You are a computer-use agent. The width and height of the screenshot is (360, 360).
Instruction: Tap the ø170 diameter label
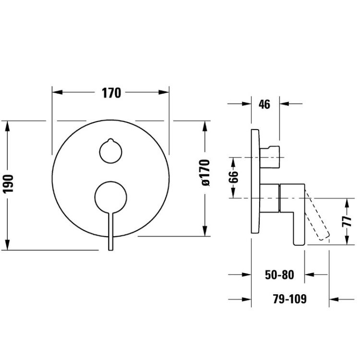pos(205,172)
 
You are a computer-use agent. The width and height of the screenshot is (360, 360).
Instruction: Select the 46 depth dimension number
pos(264,105)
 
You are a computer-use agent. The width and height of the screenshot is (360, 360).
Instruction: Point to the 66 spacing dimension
pos(233,177)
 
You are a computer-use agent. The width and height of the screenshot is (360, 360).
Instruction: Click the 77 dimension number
pos(347,221)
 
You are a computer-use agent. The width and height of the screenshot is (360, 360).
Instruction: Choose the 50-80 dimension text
pos(279,275)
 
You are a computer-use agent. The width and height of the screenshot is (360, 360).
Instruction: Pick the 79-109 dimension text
pos(290,299)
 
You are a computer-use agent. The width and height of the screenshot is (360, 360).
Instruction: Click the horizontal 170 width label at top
pos(111,93)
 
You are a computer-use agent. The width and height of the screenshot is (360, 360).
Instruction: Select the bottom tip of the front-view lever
pos(111,250)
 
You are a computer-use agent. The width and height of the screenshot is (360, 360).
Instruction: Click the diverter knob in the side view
pos(270,157)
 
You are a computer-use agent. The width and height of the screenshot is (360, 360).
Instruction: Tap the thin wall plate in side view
pos(255,181)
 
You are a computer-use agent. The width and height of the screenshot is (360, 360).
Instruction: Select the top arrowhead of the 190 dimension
pos(8,126)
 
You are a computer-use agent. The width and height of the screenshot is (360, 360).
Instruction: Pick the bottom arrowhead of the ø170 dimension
pos(205,230)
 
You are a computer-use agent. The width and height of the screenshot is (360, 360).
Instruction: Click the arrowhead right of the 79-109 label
pos(334,300)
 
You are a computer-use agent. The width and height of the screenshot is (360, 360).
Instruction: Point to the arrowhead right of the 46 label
pos(285,104)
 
